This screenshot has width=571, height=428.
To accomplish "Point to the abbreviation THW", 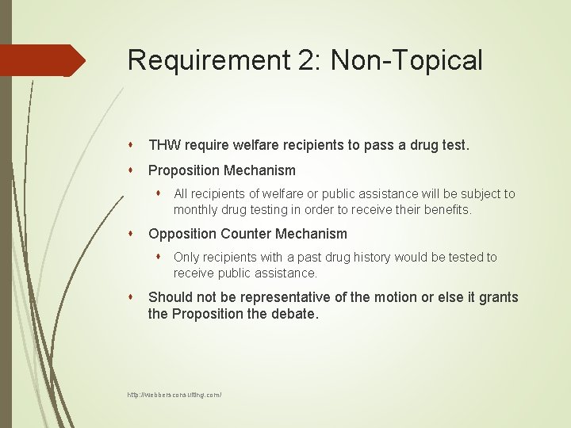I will pyautogui.click(x=165, y=146).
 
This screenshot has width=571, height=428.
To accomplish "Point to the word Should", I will pyautogui.click(x=170, y=297).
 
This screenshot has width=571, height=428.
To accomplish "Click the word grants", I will pyautogui.click(x=497, y=297).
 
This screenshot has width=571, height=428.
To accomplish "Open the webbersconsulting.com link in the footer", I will pyautogui.click(x=174, y=394).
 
